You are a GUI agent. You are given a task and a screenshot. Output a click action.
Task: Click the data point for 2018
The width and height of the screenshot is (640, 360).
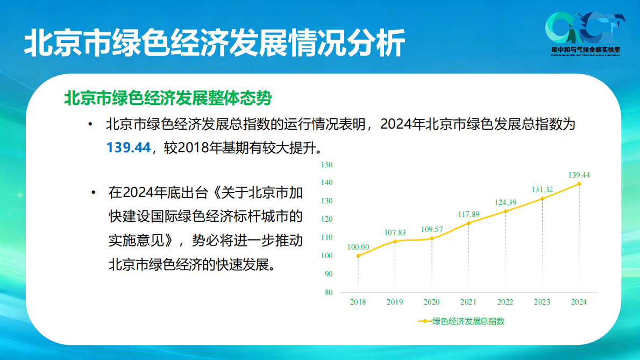click(358, 256)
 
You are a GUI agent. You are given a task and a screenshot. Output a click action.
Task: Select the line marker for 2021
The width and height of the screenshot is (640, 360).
click(468, 223)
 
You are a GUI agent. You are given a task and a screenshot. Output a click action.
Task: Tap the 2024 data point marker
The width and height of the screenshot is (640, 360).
click(579, 183)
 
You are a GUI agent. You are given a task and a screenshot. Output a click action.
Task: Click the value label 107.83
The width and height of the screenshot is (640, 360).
click(395, 232)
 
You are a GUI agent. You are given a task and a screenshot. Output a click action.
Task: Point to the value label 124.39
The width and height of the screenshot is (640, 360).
click(505, 202)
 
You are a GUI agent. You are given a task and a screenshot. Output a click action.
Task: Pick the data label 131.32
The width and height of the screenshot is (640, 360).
click(542, 189)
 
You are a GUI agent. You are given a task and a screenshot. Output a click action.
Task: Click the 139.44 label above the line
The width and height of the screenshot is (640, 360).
click(579, 175)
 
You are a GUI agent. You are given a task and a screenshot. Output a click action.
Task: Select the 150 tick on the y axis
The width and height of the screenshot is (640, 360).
click(326, 165)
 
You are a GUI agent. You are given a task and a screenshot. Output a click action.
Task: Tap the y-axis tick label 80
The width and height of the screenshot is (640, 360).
click(329, 292)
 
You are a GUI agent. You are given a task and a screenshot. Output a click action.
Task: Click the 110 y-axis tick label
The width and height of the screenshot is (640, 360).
click(326, 237)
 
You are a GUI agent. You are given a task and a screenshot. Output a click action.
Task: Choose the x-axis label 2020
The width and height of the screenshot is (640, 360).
click(432, 302)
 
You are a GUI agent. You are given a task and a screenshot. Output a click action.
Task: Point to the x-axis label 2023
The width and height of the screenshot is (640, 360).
click(542, 302)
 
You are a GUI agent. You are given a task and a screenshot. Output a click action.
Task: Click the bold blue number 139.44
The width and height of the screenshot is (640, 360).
click(129, 147)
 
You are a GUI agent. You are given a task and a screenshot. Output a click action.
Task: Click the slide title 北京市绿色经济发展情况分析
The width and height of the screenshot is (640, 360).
click(214, 43)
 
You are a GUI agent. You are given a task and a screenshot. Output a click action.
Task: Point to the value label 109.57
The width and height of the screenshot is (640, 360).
click(432, 229)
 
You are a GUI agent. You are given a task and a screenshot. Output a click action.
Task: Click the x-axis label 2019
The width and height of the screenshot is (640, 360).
click(395, 302)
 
